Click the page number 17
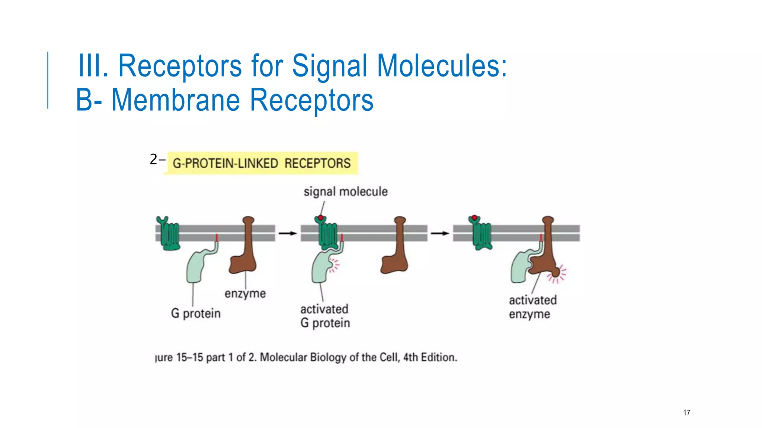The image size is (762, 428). point(686,412)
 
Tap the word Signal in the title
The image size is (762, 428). point(330,66)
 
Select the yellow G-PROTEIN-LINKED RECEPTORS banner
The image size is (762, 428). point(262,163)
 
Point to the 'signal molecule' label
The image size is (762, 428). point(346,192)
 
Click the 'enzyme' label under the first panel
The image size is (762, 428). point(245,294)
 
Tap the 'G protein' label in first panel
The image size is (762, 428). point(196,313)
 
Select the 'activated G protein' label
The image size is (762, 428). point(325,316)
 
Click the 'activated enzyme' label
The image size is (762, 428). point(532,307)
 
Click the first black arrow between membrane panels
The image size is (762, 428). point(288,233)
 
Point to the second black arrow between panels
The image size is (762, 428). point(440,233)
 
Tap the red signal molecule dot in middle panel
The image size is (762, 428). point(320,218)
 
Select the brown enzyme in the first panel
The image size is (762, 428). point(244,253)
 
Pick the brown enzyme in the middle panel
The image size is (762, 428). point(397,253)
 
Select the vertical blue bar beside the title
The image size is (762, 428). point(48,80)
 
